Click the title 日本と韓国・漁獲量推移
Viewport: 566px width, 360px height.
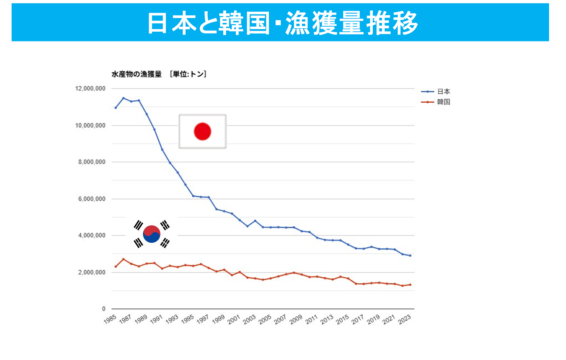(282, 23)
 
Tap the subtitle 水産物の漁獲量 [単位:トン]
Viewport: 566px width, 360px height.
(159, 74)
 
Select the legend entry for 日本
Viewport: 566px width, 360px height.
(443, 92)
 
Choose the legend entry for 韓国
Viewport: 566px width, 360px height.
(443, 102)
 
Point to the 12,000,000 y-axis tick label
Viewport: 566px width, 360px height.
(90, 89)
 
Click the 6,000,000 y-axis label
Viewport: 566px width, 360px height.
(92, 199)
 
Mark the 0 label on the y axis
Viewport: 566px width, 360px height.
(104, 309)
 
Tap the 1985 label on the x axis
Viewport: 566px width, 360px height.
(110, 319)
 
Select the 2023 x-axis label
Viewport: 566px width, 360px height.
(405, 319)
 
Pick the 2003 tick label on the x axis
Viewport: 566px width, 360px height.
(249, 319)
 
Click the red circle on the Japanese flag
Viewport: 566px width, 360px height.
(202, 131)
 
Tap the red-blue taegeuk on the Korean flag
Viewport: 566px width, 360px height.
(152, 234)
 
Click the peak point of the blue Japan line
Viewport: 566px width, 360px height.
(123, 98)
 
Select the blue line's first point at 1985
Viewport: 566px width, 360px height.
(115, 108)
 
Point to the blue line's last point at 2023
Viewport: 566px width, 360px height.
(410, 255)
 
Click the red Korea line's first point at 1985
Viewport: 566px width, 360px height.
(115, 267)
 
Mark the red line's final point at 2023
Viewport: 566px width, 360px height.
(410, 285)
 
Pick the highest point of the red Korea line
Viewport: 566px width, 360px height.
(123, 259)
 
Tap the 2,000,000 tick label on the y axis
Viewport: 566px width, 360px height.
(92, 272)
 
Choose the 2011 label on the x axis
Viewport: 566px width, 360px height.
(311, 319)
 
